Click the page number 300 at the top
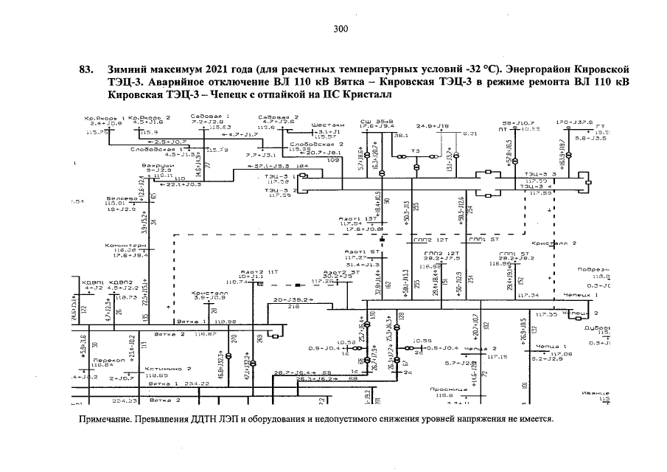click(340, 29)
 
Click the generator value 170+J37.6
click(573, 122)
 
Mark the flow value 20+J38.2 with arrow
click(293, 300)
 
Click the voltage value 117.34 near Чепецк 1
click(528, 295)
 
